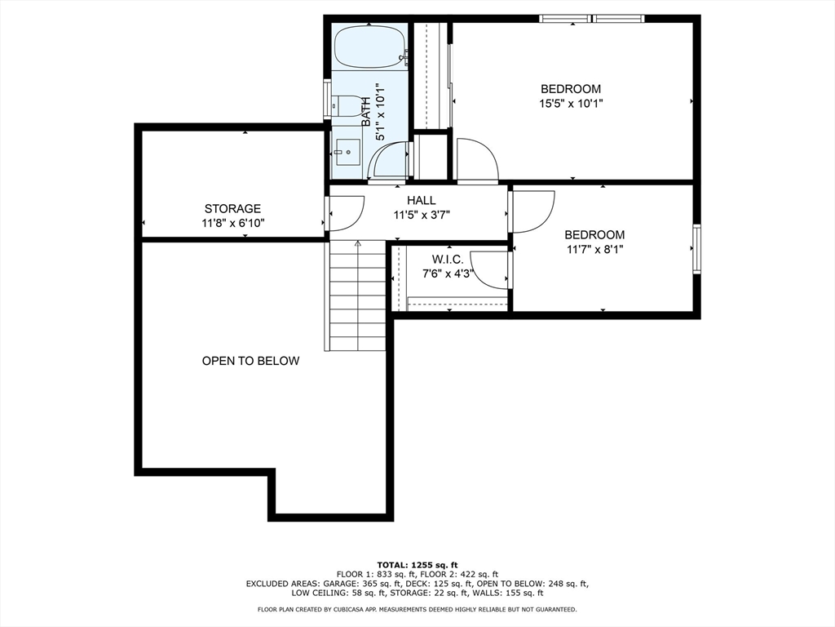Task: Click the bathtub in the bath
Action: tap(371, 47)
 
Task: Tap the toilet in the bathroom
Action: tap(345, 105)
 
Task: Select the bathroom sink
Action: tap(346, 153)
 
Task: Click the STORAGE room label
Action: tap(232, 208)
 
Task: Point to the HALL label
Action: tap(422, 201)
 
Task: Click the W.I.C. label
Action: tap(448, 260)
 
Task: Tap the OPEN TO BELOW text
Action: tap(250, 361)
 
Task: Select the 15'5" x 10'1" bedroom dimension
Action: tap(571, 104)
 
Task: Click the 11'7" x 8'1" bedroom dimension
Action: tap(594, 249)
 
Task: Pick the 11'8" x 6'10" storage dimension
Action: tap(232, 223)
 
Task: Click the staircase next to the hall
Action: tap(357, 296)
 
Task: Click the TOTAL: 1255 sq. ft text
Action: tap(417, 565)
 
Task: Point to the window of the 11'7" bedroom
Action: tap(696, 249)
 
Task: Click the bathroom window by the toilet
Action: tap(327, 100)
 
